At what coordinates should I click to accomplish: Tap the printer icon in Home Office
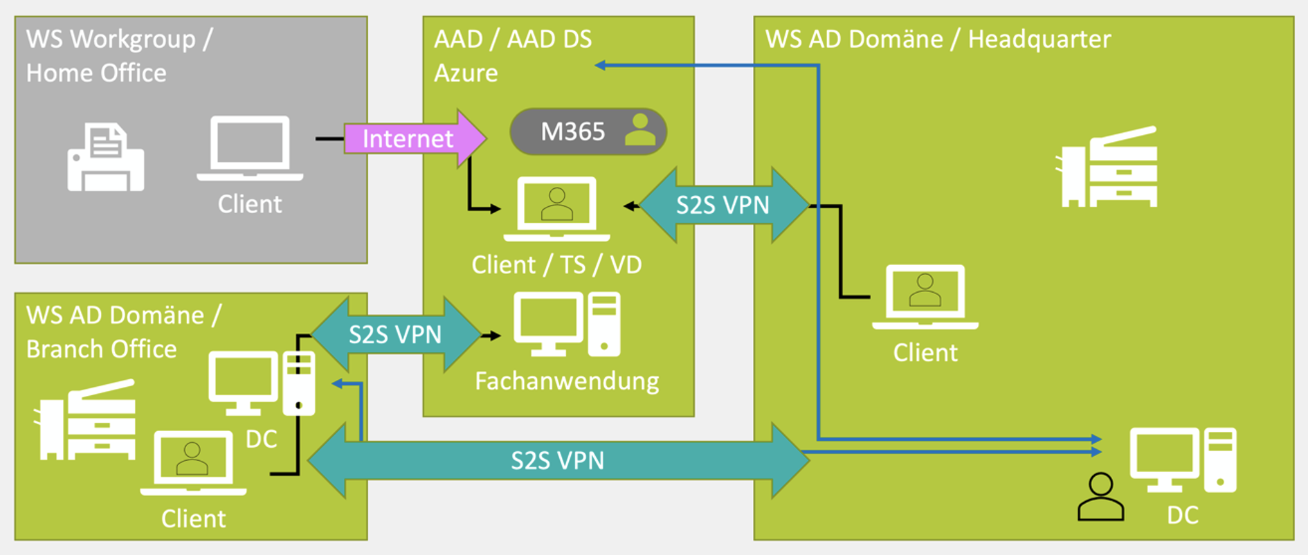pos(106,158)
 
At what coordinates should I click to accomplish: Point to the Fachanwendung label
pos(567,381)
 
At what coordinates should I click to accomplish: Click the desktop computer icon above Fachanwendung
pos(567,324)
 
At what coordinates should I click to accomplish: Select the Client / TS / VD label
pos(556,264)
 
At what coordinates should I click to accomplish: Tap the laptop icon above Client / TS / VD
pos(556,208)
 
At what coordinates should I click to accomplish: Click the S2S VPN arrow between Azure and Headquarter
pos(723,205)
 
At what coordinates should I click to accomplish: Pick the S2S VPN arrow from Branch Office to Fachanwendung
pos(395,334)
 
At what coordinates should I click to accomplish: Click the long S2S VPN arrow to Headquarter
pos(557,460)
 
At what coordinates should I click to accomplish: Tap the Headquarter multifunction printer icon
pos(1107,167)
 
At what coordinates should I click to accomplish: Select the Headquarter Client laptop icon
pos(925,296)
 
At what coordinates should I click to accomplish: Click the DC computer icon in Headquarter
pos(1183,460)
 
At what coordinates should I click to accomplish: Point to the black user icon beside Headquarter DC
pos(1100,497)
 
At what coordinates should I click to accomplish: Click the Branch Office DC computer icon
pos(262,383)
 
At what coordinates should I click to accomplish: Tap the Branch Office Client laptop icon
pos(193,463)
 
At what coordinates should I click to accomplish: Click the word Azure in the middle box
pos(466,73)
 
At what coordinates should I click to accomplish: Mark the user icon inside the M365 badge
pos(639,129)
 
